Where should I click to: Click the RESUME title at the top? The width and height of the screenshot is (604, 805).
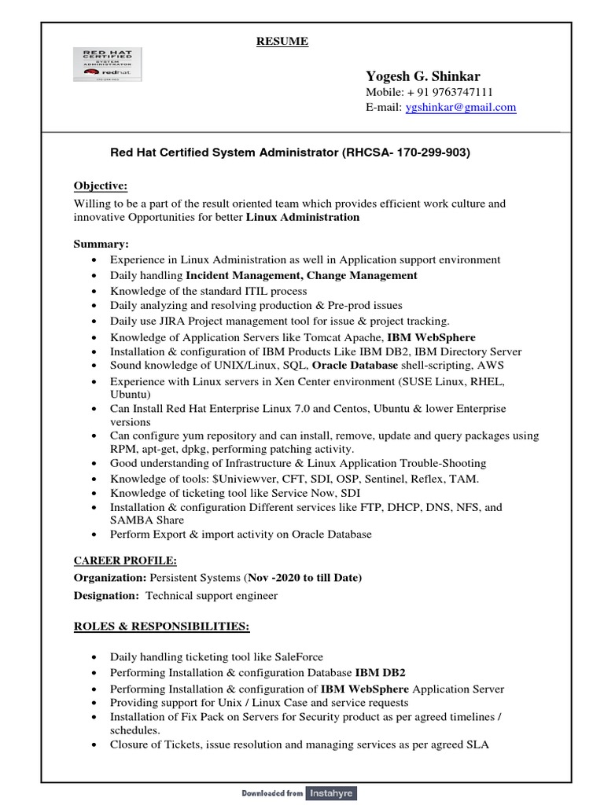coord(282,42)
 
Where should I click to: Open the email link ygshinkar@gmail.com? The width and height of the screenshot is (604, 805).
coord(460,107)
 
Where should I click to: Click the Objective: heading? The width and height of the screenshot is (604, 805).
coord(100,186)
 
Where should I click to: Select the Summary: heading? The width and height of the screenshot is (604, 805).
coord(101,244)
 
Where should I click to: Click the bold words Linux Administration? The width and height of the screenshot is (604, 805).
coord(302,217)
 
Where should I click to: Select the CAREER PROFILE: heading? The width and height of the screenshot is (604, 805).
coord(125,561)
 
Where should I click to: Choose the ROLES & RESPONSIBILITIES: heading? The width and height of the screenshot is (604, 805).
coord(161,626)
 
